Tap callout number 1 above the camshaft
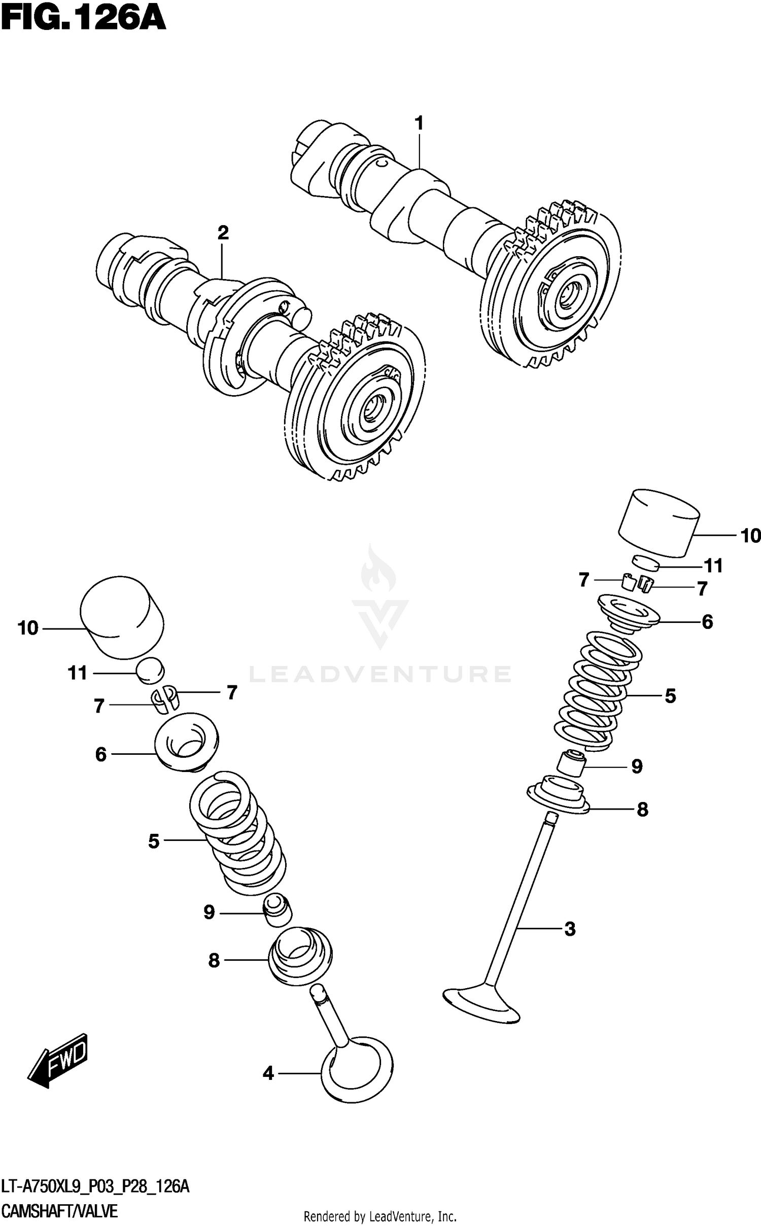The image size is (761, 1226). point(419,123)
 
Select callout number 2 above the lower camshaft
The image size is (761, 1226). point(223,233)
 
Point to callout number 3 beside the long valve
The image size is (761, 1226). point(570,929)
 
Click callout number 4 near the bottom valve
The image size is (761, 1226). point(268,1073)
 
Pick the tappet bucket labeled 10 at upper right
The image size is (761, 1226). point(659,522)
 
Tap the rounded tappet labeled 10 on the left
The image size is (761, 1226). point(122,618)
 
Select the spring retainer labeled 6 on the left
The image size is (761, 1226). point(187,743)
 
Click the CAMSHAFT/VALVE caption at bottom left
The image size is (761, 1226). point(60,1212)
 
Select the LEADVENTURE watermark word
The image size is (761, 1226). point(379,674)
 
